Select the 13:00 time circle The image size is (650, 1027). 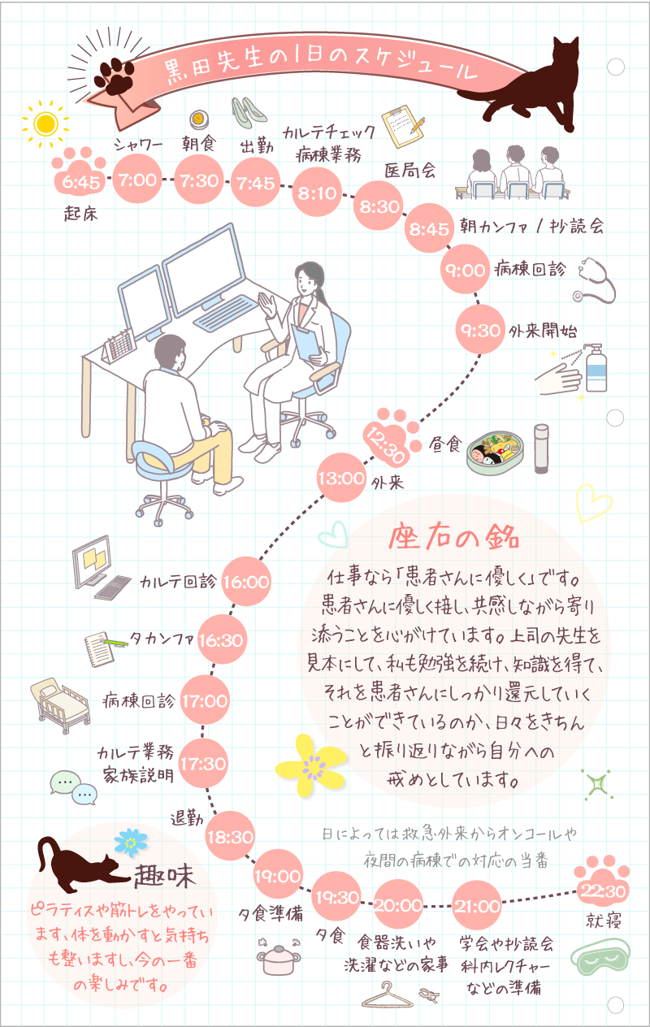341,478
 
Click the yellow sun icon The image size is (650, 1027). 45,123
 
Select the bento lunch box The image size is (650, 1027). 496,452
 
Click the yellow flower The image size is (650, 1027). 309,765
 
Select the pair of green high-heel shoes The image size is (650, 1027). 249,111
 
